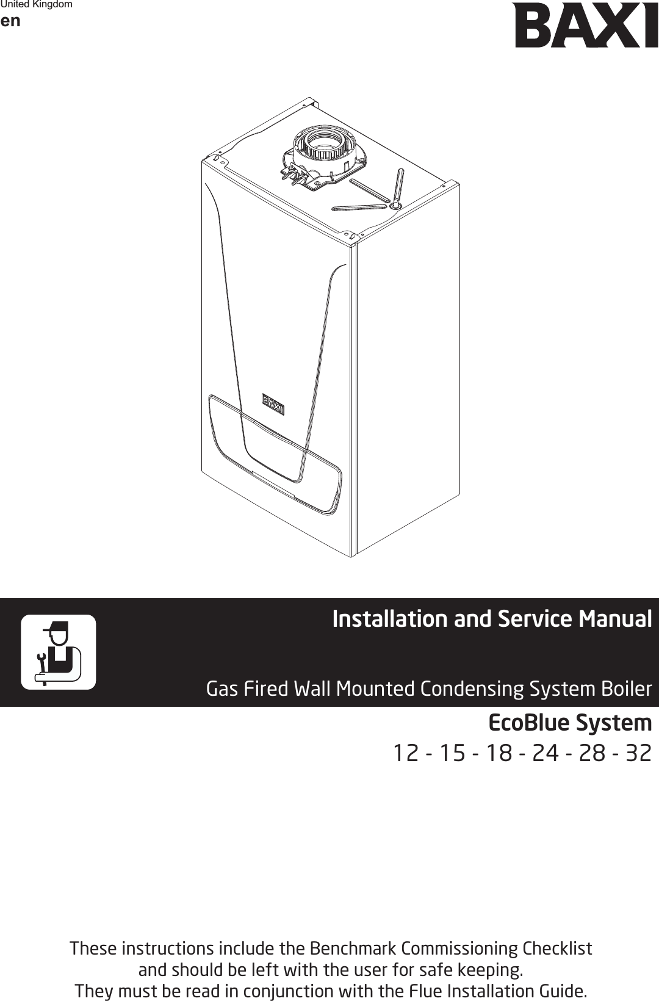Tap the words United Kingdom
[x=37, y=5]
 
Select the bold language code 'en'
[x=10, y=21]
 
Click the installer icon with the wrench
[x=59, y=652]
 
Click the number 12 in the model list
[x=405, y=753]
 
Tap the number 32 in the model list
[x=638, y=753]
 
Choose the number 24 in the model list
[x=546, y=753]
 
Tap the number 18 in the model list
[x=499, y=753]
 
